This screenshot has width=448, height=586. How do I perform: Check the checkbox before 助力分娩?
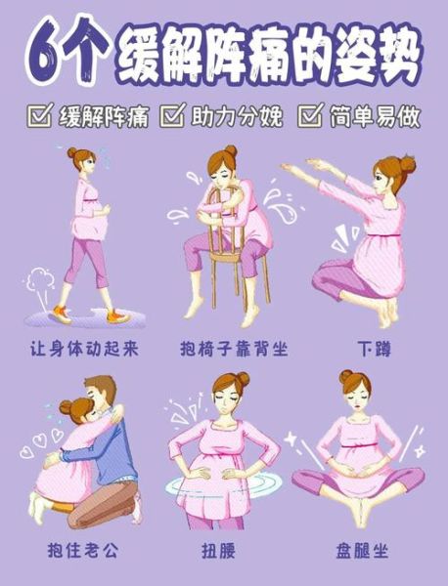pos(171,118)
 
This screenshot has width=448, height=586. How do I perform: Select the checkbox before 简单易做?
pos(309,118)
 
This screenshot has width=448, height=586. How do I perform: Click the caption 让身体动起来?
pos(81,348)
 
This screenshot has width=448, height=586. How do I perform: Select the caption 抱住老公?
pos(81,550)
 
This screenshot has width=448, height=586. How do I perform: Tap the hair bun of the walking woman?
pos(73,153)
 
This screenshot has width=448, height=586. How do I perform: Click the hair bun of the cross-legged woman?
pos(346,376)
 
